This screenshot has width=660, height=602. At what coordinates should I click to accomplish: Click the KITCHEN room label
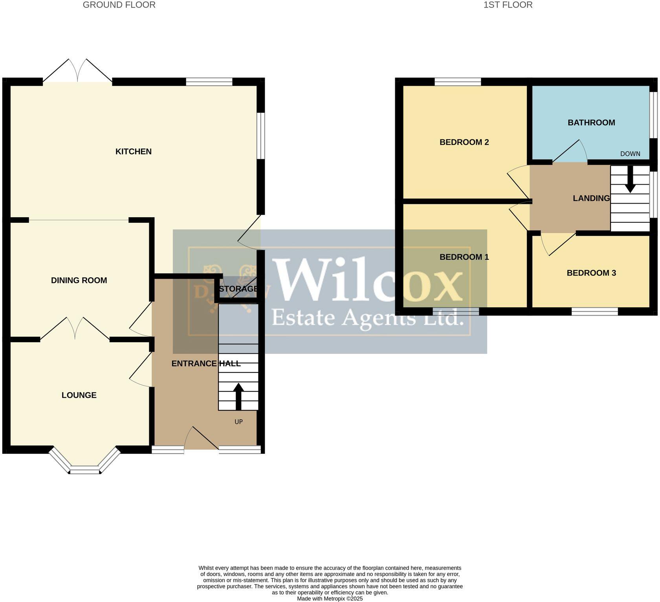[x=133, y=152]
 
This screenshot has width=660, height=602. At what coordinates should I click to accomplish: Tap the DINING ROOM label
[x=79, y=281]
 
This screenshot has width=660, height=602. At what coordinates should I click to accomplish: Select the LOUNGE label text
[x=79, y=395]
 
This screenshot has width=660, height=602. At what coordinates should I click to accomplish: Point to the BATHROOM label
[x=591, y=123]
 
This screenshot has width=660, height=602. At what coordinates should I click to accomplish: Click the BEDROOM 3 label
[x=591, y=273]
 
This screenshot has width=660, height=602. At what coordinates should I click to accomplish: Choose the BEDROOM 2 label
[x=464, y=142]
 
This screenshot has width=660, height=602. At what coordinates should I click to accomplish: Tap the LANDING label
[x=591, y=198]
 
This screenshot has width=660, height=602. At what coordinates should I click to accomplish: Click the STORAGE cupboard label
[x=238, y=289]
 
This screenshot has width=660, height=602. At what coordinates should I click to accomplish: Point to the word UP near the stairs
[x=238, y=422]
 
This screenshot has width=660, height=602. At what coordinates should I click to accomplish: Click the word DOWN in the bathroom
[x=630, y=154]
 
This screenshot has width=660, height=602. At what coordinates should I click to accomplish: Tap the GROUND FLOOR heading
[x=119, y=5]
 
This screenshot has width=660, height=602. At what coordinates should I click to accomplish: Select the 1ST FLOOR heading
[x=508, y=5]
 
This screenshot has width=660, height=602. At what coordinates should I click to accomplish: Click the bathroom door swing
[x=571, y=152]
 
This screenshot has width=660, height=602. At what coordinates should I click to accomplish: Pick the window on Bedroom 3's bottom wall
[x=594, y=312]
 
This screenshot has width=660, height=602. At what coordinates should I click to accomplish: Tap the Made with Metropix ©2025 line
[x=330, y=599]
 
